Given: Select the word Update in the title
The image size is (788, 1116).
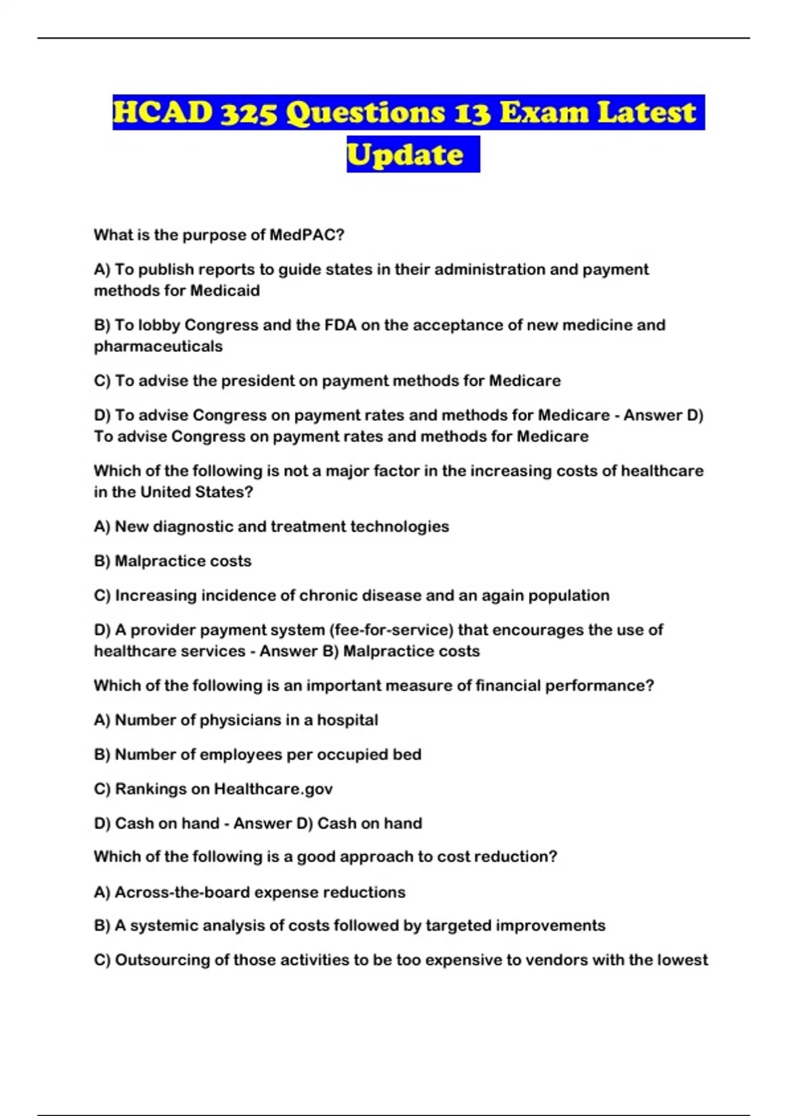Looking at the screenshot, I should [405, 155].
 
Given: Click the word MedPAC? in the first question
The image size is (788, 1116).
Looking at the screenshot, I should [307, 235].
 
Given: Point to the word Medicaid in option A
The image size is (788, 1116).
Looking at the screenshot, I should [225, 291].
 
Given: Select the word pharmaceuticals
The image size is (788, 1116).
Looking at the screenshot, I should [158, 347].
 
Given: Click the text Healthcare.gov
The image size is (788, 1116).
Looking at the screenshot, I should [273, 789].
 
